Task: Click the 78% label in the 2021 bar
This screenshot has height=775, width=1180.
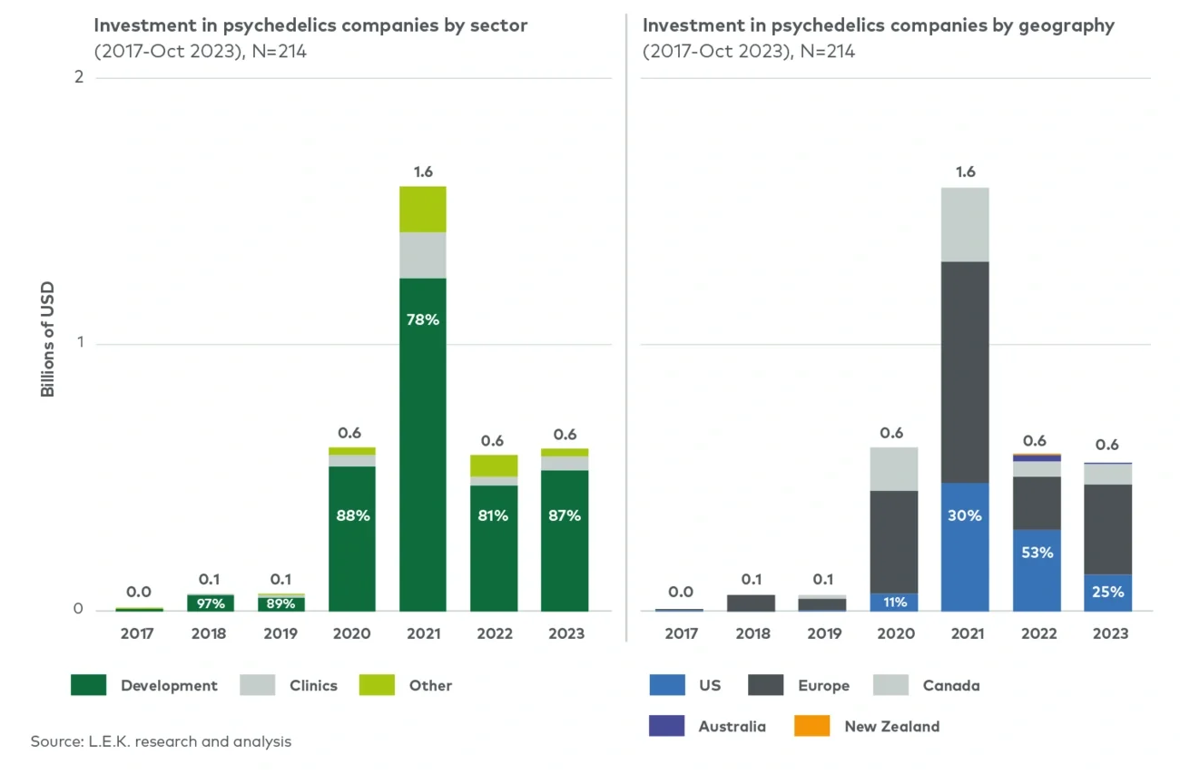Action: point(422,319)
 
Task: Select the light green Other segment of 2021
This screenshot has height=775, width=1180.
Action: point(422,209)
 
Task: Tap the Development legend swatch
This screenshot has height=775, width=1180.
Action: point(88,685)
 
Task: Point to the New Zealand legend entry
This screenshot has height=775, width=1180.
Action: point(891,726)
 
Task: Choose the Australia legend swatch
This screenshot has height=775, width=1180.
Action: point(666,726)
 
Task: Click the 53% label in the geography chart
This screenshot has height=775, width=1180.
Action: point(1037,552)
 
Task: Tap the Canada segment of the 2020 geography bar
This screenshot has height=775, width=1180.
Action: point(894,468)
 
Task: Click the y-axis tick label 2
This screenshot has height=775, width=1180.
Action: point(79,77)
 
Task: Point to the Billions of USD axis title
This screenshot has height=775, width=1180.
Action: point(47,340)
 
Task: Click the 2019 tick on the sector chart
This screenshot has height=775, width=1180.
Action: point(280,633)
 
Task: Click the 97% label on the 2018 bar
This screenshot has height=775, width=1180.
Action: point(211,603)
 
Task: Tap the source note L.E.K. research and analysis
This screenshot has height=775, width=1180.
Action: point(161,741)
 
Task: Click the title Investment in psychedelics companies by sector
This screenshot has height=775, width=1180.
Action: point(310,25)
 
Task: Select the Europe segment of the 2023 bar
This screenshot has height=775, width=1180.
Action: point(1108,529)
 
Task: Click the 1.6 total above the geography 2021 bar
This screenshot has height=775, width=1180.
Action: point(965,172)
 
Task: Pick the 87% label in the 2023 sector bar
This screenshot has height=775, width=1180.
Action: point(565,515)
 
